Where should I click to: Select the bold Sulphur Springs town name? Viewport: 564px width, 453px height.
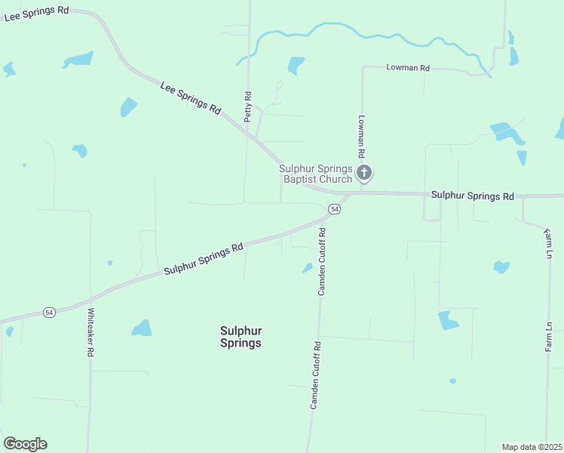(x=241, y=337)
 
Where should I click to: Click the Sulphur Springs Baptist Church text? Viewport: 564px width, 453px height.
(x=316, y=174)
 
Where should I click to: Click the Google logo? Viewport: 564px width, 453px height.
(x=25, y=444)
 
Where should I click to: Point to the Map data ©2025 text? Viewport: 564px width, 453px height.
(x=532, y=447)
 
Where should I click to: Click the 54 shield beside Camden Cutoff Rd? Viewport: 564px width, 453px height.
(x=336, y=208)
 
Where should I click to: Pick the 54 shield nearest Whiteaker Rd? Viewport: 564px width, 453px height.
(x=49, y=312)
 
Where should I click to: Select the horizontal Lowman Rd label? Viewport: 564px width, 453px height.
(x=407, y=68)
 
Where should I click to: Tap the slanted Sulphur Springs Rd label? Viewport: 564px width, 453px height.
(x=204, y=258)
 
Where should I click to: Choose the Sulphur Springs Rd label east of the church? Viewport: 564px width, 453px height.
(x=473, y=196)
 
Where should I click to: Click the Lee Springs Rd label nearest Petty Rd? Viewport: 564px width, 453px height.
(x=190, y=98)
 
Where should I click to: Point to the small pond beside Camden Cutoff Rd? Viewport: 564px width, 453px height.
(x=308, y=267)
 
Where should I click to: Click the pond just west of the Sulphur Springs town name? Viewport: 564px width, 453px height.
(x=142, y=328)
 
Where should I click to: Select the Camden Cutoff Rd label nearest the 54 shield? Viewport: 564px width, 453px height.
(x=321, y=261)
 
